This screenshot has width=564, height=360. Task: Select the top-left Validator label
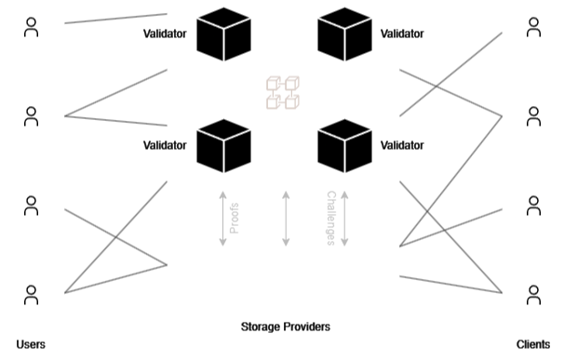[165, 33]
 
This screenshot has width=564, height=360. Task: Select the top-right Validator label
[402, 33]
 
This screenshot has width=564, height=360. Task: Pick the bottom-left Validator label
[165, 146]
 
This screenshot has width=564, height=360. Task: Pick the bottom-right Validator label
[402, 146]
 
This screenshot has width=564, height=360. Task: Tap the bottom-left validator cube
[224, 145]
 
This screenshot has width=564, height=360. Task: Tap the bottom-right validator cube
[343, 145]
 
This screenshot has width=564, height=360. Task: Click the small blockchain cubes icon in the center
[283, 91]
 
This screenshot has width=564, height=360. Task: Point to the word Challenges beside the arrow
[330, 218]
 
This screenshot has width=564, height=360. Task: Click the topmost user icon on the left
[31, 28]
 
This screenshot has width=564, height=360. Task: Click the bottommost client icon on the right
[532, 296]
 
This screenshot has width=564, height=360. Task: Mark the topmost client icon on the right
[532, 28]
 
